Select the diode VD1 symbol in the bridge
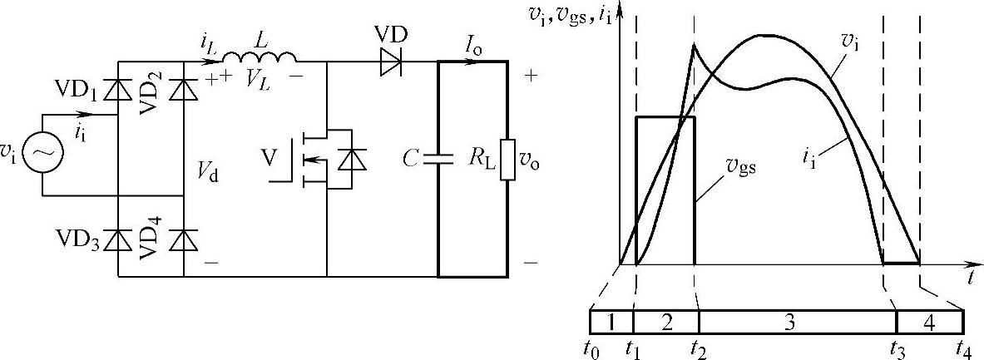pyautogui.click(x=123, y=89)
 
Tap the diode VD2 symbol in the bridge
pyautogui.click(x=176, y=89)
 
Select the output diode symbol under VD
pyautogui.click(x=390, y=62)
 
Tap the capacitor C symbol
pyautogui.click(x=438, y=159)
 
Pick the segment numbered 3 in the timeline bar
pyautogui.click(x=797, y=321)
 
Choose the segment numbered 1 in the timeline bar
pyautogui.click(x=611, y=321)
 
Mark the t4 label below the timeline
pyautogui.click(x=963, y=347)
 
